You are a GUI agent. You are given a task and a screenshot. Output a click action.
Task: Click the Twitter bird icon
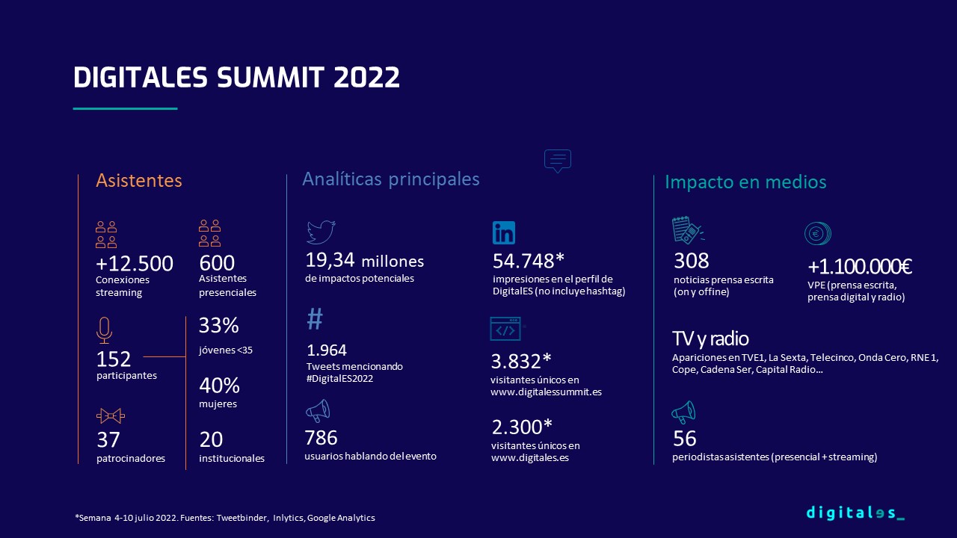(x=321, y=232)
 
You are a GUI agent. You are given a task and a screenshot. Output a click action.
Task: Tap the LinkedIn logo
(x=504, y=232)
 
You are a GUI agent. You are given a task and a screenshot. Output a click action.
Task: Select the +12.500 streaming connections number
(x=134, y=264)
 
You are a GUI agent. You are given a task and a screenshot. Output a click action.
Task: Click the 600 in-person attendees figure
(x=217, y=262)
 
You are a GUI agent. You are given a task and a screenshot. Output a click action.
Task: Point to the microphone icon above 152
(x=104, y=330)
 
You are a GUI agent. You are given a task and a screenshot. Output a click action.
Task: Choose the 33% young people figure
(x=219, y=325)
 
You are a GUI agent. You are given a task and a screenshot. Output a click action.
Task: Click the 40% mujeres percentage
(x=219, y=386)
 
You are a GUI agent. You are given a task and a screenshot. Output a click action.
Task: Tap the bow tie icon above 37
(x=111, y=416)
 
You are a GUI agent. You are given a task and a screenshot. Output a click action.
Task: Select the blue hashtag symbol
(x=315, y=318)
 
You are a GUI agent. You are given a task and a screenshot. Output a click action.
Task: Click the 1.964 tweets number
(x=327, y=350)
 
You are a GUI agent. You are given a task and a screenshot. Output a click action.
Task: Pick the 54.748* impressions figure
(x=529, y=261)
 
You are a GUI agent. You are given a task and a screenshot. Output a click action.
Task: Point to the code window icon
(x=506, y=329)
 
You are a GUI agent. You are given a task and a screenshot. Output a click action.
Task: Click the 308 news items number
(x=692, y=261)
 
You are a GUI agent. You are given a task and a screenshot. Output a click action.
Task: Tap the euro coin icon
(x=818, y=234)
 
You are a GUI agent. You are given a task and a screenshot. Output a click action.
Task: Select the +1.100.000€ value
(x=860, y=267)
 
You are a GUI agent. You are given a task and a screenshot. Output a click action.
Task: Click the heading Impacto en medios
(x=745, y=182)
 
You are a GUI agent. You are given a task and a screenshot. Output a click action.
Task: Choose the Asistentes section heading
(x=139, y=180)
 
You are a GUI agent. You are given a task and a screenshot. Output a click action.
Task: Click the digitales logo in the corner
(x=855, y=513)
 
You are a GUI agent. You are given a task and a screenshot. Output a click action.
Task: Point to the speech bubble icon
(x=558, y=161)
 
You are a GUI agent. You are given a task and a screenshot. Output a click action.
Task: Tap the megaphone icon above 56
(x=683, y=412)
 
